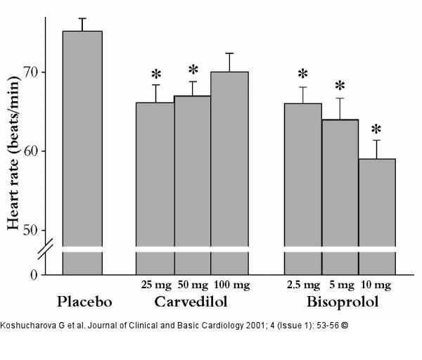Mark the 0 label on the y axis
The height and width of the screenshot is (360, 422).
click(x=33, y=274)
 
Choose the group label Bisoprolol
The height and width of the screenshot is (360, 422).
click(x=342, y=303)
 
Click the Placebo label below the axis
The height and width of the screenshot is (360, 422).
click(x=84, y=303)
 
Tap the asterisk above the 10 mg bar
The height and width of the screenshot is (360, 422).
click(x=376, y=129)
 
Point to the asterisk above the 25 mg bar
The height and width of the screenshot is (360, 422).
click(x=156, y=74)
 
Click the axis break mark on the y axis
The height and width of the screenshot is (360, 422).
click(x=46, y=250)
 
